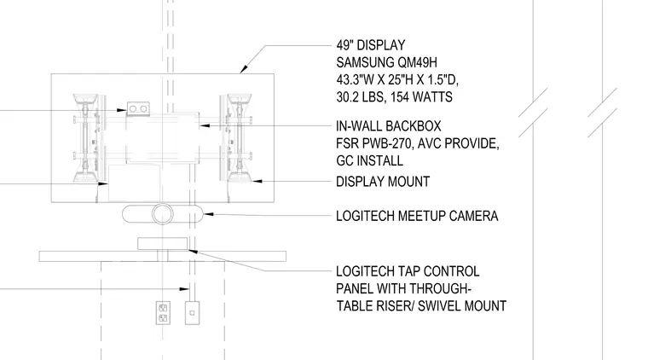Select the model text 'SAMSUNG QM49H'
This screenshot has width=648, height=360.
click(386, 62)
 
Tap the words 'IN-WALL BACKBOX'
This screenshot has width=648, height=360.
click(389, 125)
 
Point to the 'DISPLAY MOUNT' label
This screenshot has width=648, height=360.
click(383, 182)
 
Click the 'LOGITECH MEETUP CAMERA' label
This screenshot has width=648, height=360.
click(417, 216)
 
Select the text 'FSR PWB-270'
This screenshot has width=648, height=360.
click(374, 143)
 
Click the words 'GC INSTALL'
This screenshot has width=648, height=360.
click(369, 160)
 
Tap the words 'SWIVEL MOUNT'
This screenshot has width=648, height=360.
click(462, 306)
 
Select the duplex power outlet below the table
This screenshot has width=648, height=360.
click(163, 313)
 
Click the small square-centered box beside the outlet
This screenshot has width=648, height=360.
click(192, 313)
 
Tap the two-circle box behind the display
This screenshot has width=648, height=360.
click(138, 108)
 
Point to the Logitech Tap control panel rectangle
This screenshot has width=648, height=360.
click(162, 243)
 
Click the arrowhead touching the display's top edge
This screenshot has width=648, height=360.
click(244, 68)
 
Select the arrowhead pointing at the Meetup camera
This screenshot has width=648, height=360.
click(208, 214)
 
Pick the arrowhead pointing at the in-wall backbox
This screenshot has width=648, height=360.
click(205, 125)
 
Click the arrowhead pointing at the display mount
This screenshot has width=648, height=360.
click(257, 181)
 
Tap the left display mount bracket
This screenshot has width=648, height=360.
click(86, 138)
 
